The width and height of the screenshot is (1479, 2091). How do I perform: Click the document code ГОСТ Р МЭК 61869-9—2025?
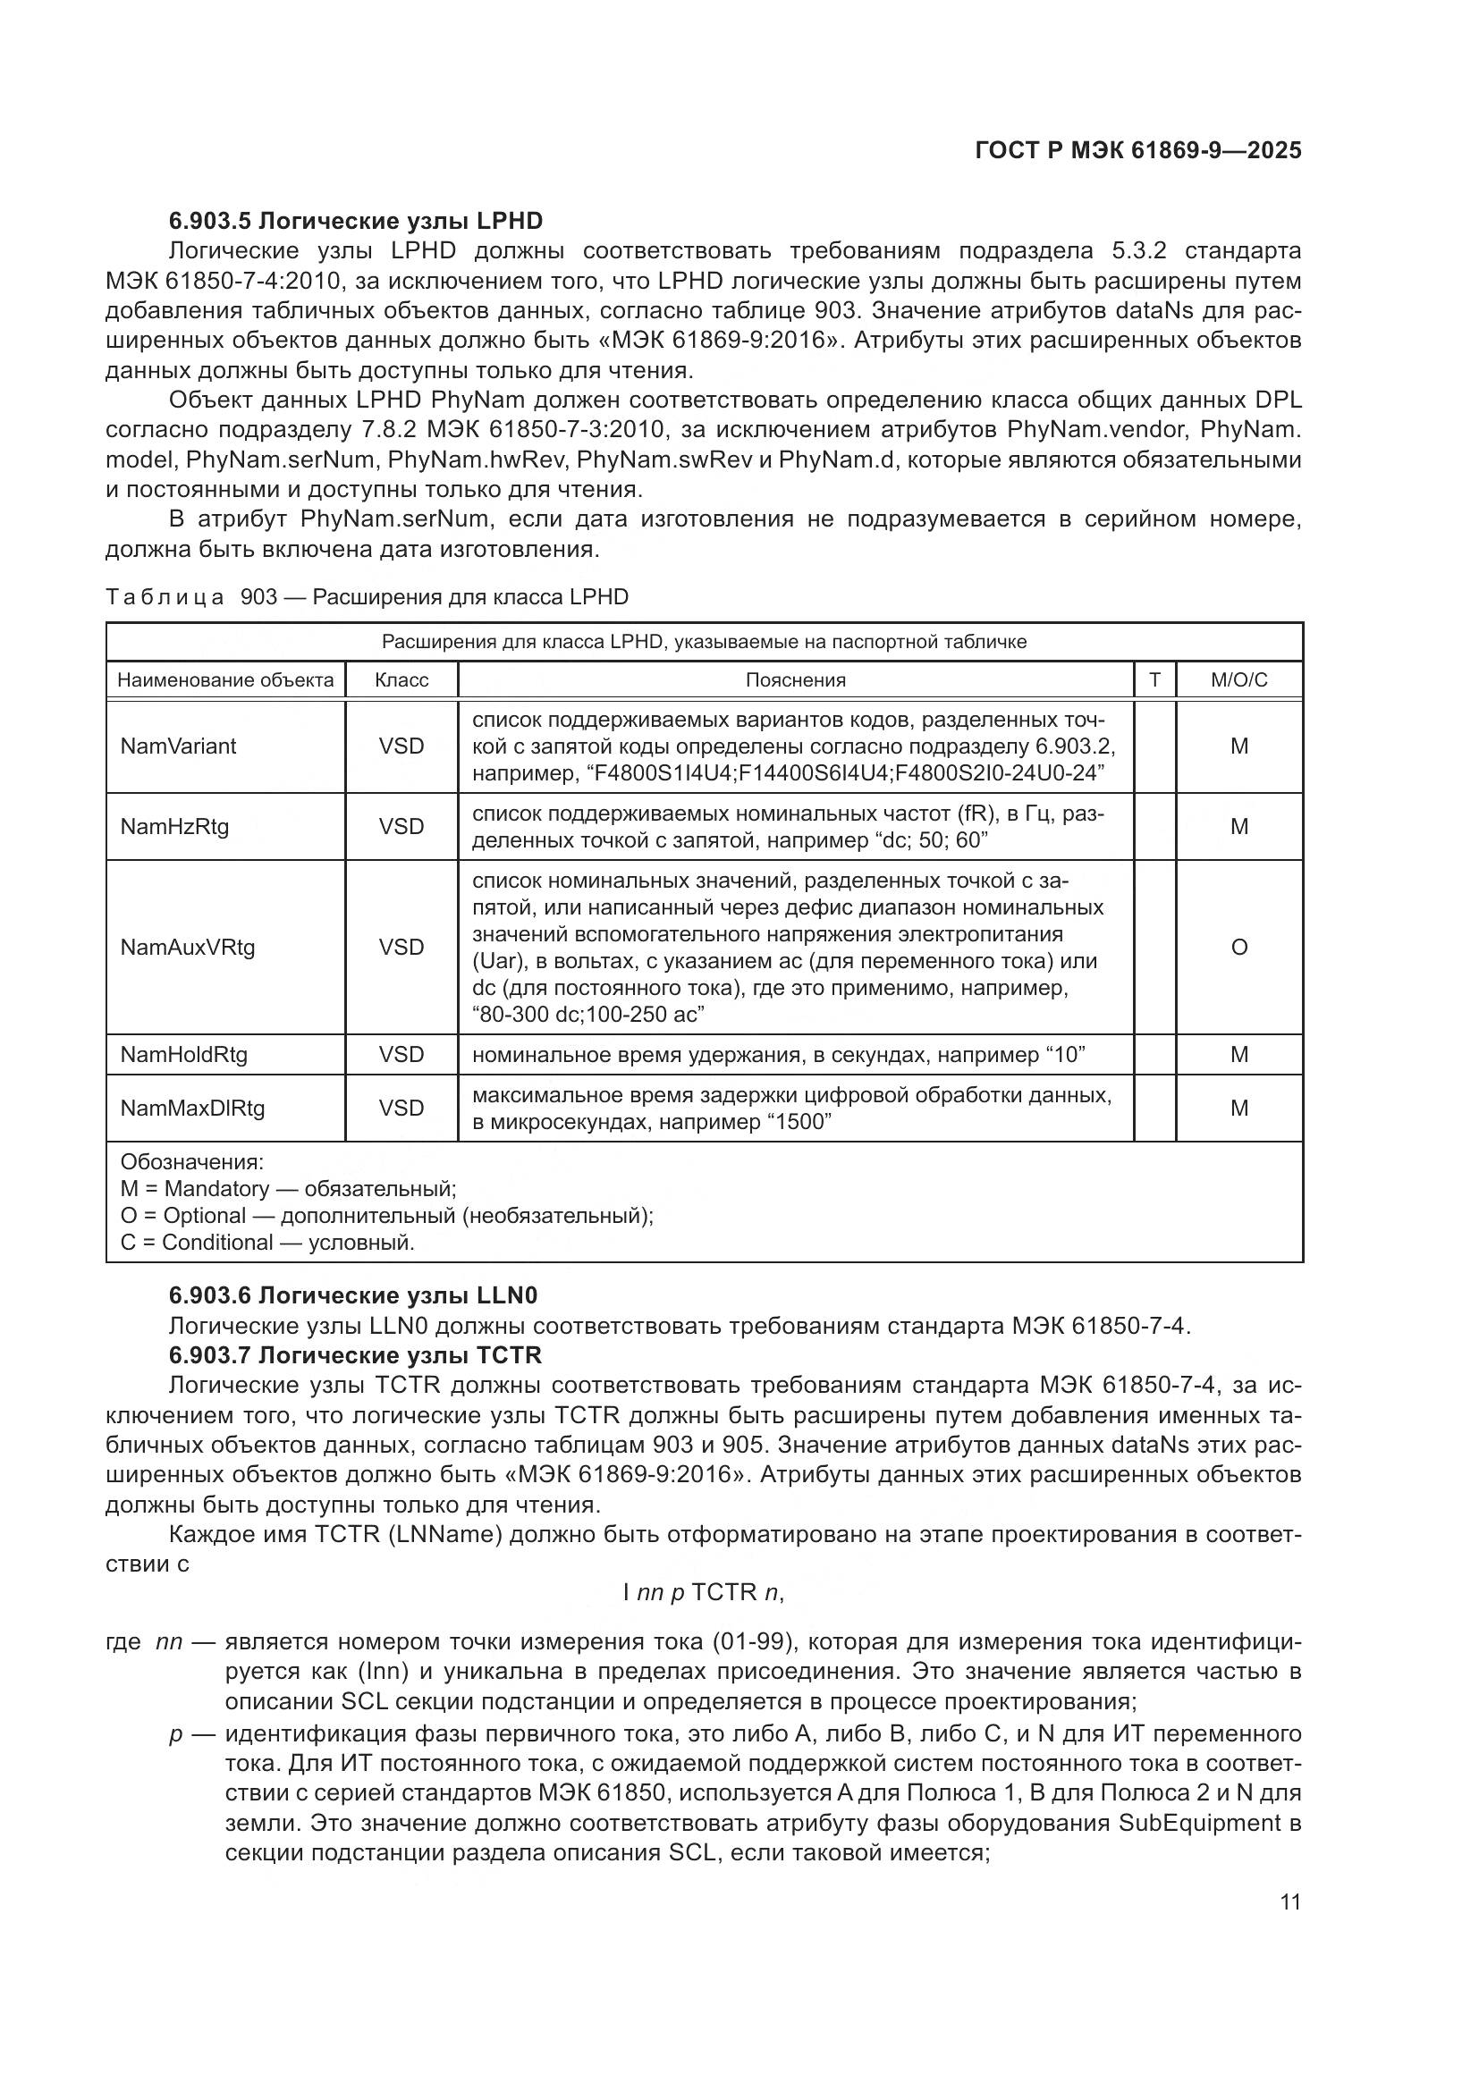(1137, 150)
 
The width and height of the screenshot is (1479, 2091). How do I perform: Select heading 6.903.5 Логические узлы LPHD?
(355, 221)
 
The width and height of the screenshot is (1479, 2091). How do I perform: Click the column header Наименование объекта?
(225, 679)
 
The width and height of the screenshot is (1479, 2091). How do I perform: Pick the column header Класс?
(401, 679)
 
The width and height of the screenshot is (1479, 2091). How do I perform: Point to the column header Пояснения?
(795, 679)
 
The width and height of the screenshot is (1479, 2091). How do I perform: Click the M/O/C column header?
(1238, 679)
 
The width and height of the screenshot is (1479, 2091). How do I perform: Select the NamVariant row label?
(179, 746)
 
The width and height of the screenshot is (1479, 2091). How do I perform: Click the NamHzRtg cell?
(175, 826)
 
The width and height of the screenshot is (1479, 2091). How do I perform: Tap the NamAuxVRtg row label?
(188, 947)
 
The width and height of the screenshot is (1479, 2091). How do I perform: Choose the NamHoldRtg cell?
(184, 1054)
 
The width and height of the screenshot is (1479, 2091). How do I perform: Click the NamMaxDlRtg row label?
(192, 1108)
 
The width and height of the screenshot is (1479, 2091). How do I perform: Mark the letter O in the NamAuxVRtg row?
(1238, 947)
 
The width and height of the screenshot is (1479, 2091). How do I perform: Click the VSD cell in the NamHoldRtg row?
(401, 1054)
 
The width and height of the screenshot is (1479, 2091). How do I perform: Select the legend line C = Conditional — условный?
(266, 1243)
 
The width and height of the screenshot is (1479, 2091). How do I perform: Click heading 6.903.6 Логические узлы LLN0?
(353, 1295)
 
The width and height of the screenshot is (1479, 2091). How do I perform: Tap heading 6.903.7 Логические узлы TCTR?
(355, 1355)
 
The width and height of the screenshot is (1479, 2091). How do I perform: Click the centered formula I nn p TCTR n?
(703, 1592)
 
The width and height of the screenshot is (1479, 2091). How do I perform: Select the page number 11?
(1289, 1901)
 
